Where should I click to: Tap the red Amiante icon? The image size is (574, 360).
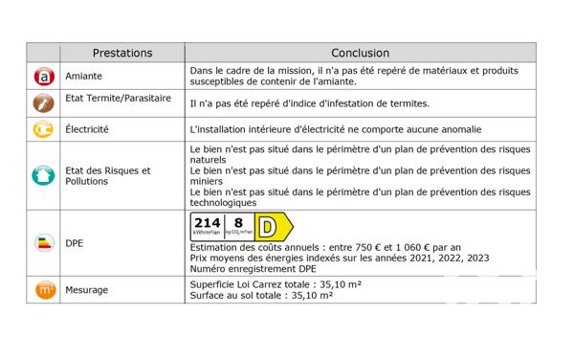point(44,75)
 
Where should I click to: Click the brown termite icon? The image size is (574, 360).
point(44,101)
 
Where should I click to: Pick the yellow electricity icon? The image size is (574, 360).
point(44,128)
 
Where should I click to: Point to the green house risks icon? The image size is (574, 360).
point(44,176)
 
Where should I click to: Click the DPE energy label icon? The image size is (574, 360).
point(44,243)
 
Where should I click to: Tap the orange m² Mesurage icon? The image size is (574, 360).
point(44,289)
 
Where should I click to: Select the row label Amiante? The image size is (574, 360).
point(84,76)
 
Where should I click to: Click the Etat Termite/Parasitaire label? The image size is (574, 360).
point(119,98)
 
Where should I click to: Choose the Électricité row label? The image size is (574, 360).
point(88,128)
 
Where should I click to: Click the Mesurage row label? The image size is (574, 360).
point(87,289)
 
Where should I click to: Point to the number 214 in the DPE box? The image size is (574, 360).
point(208,224)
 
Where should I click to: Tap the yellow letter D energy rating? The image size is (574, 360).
point(272,229)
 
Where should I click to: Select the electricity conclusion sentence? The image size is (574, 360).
point(335,129)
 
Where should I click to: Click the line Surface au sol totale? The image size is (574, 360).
point(261,296)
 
